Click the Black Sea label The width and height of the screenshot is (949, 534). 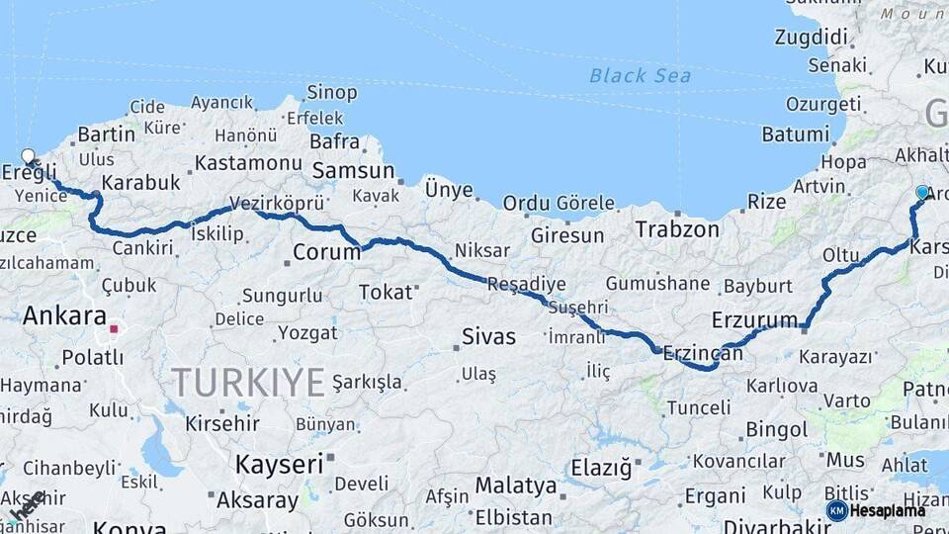click(640, 75)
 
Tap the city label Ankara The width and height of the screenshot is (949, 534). click(64, 316)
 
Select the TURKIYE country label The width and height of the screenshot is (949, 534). click(248, 381)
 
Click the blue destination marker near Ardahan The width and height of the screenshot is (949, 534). click(922, 192)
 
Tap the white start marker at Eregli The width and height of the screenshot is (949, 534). click(28, 156)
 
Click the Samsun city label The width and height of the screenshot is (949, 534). click(353, 170)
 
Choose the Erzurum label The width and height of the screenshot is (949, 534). click(754, 319)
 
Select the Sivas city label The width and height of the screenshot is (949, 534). click(488, 336)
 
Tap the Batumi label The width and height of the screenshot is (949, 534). click(796, 134)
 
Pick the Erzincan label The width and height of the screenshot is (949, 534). click(703, 351)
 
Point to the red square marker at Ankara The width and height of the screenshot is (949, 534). click(115, 328)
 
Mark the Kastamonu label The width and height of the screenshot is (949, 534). click(248, 162)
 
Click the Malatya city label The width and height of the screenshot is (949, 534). click(516, 486)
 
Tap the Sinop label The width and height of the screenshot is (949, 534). click(331, 92)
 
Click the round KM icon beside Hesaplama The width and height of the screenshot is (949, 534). click(837, 510)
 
